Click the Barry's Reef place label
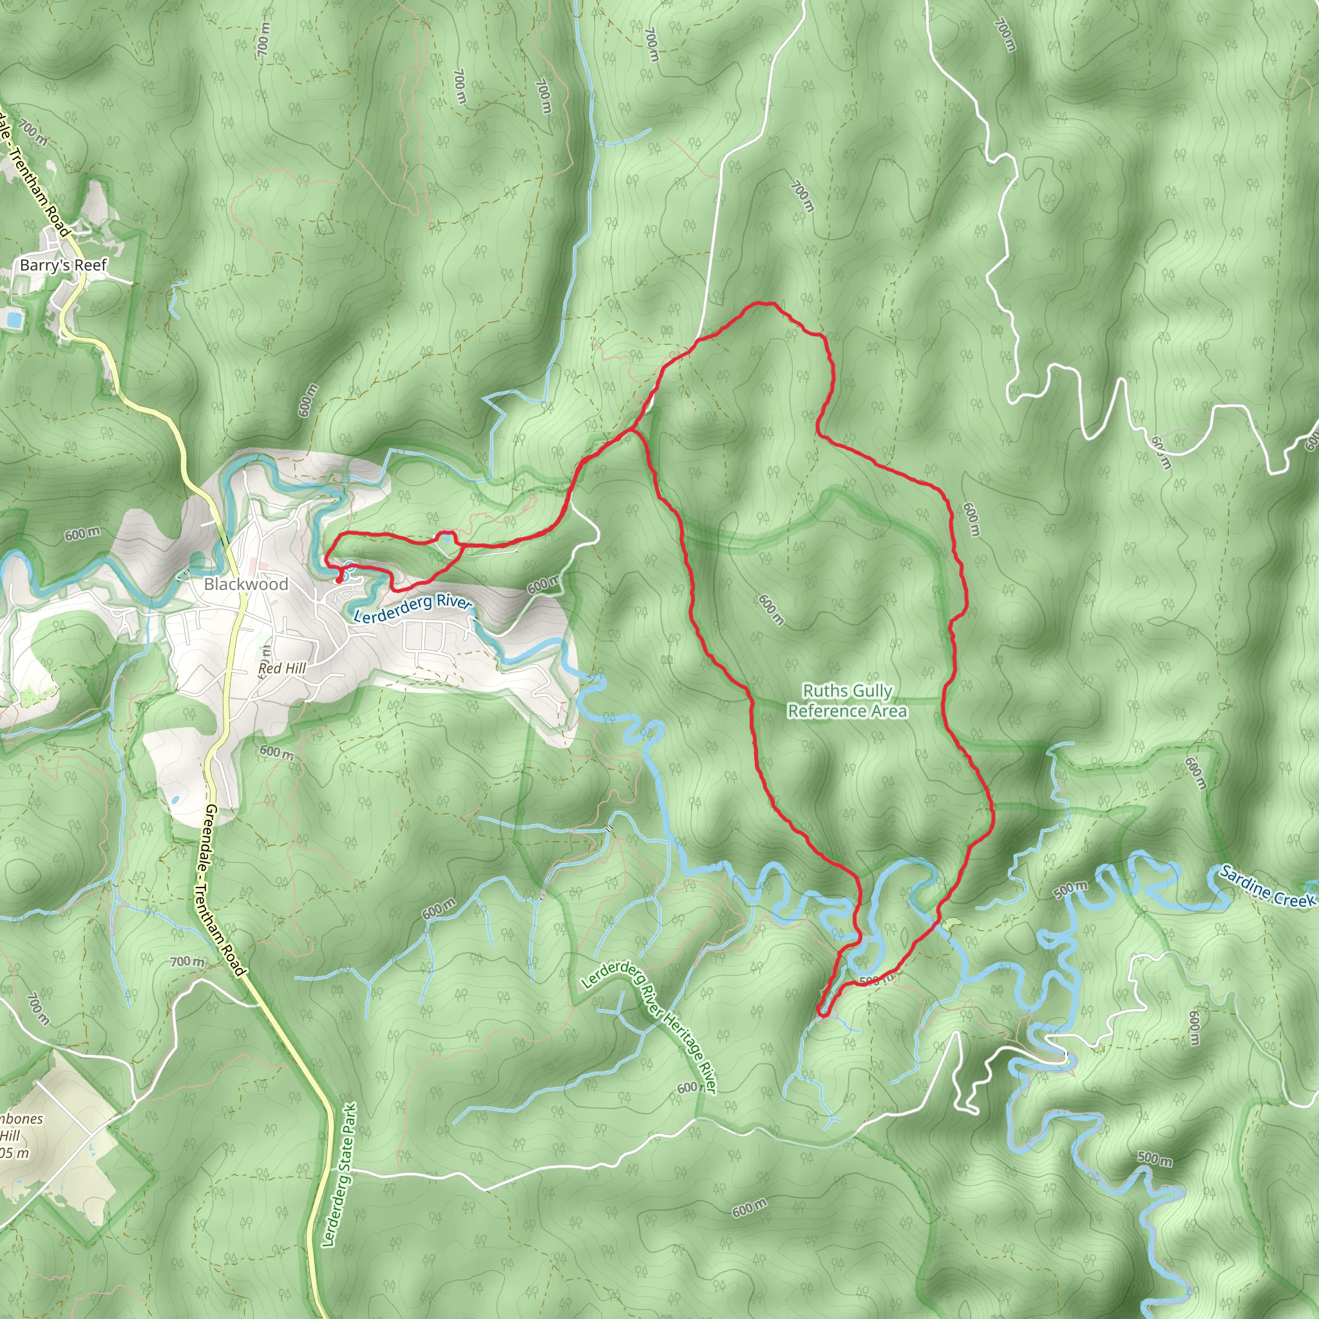(x=64, y=265)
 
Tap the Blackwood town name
(x=246, y=584)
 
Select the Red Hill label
(x=282, y=669)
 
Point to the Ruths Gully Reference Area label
(x=848, y=701)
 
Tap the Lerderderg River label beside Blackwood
(x=413, y=607)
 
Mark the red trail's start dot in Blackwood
(x=339, y=580)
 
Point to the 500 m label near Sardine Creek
(x=1070, y=890)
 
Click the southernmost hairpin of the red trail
(x=822, y=1015)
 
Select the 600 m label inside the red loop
(x=772, y=610)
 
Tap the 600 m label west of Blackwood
(x=82, y=534)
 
